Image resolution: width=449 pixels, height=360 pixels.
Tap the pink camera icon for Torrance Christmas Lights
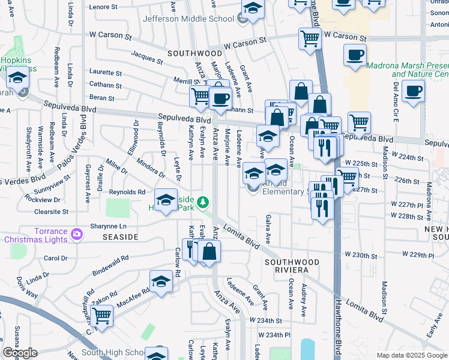tap(77, 234)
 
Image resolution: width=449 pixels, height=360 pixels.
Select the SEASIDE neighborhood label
tap(122, 237)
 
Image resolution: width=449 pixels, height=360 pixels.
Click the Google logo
tap(20, 353)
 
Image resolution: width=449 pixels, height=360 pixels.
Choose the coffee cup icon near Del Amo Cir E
tap(413, 91)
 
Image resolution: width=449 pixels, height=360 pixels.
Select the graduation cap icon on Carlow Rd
tap(161, 281)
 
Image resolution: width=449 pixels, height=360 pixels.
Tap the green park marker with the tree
tap(204, 202)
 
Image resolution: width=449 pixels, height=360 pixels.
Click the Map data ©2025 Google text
tap(411, 355)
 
